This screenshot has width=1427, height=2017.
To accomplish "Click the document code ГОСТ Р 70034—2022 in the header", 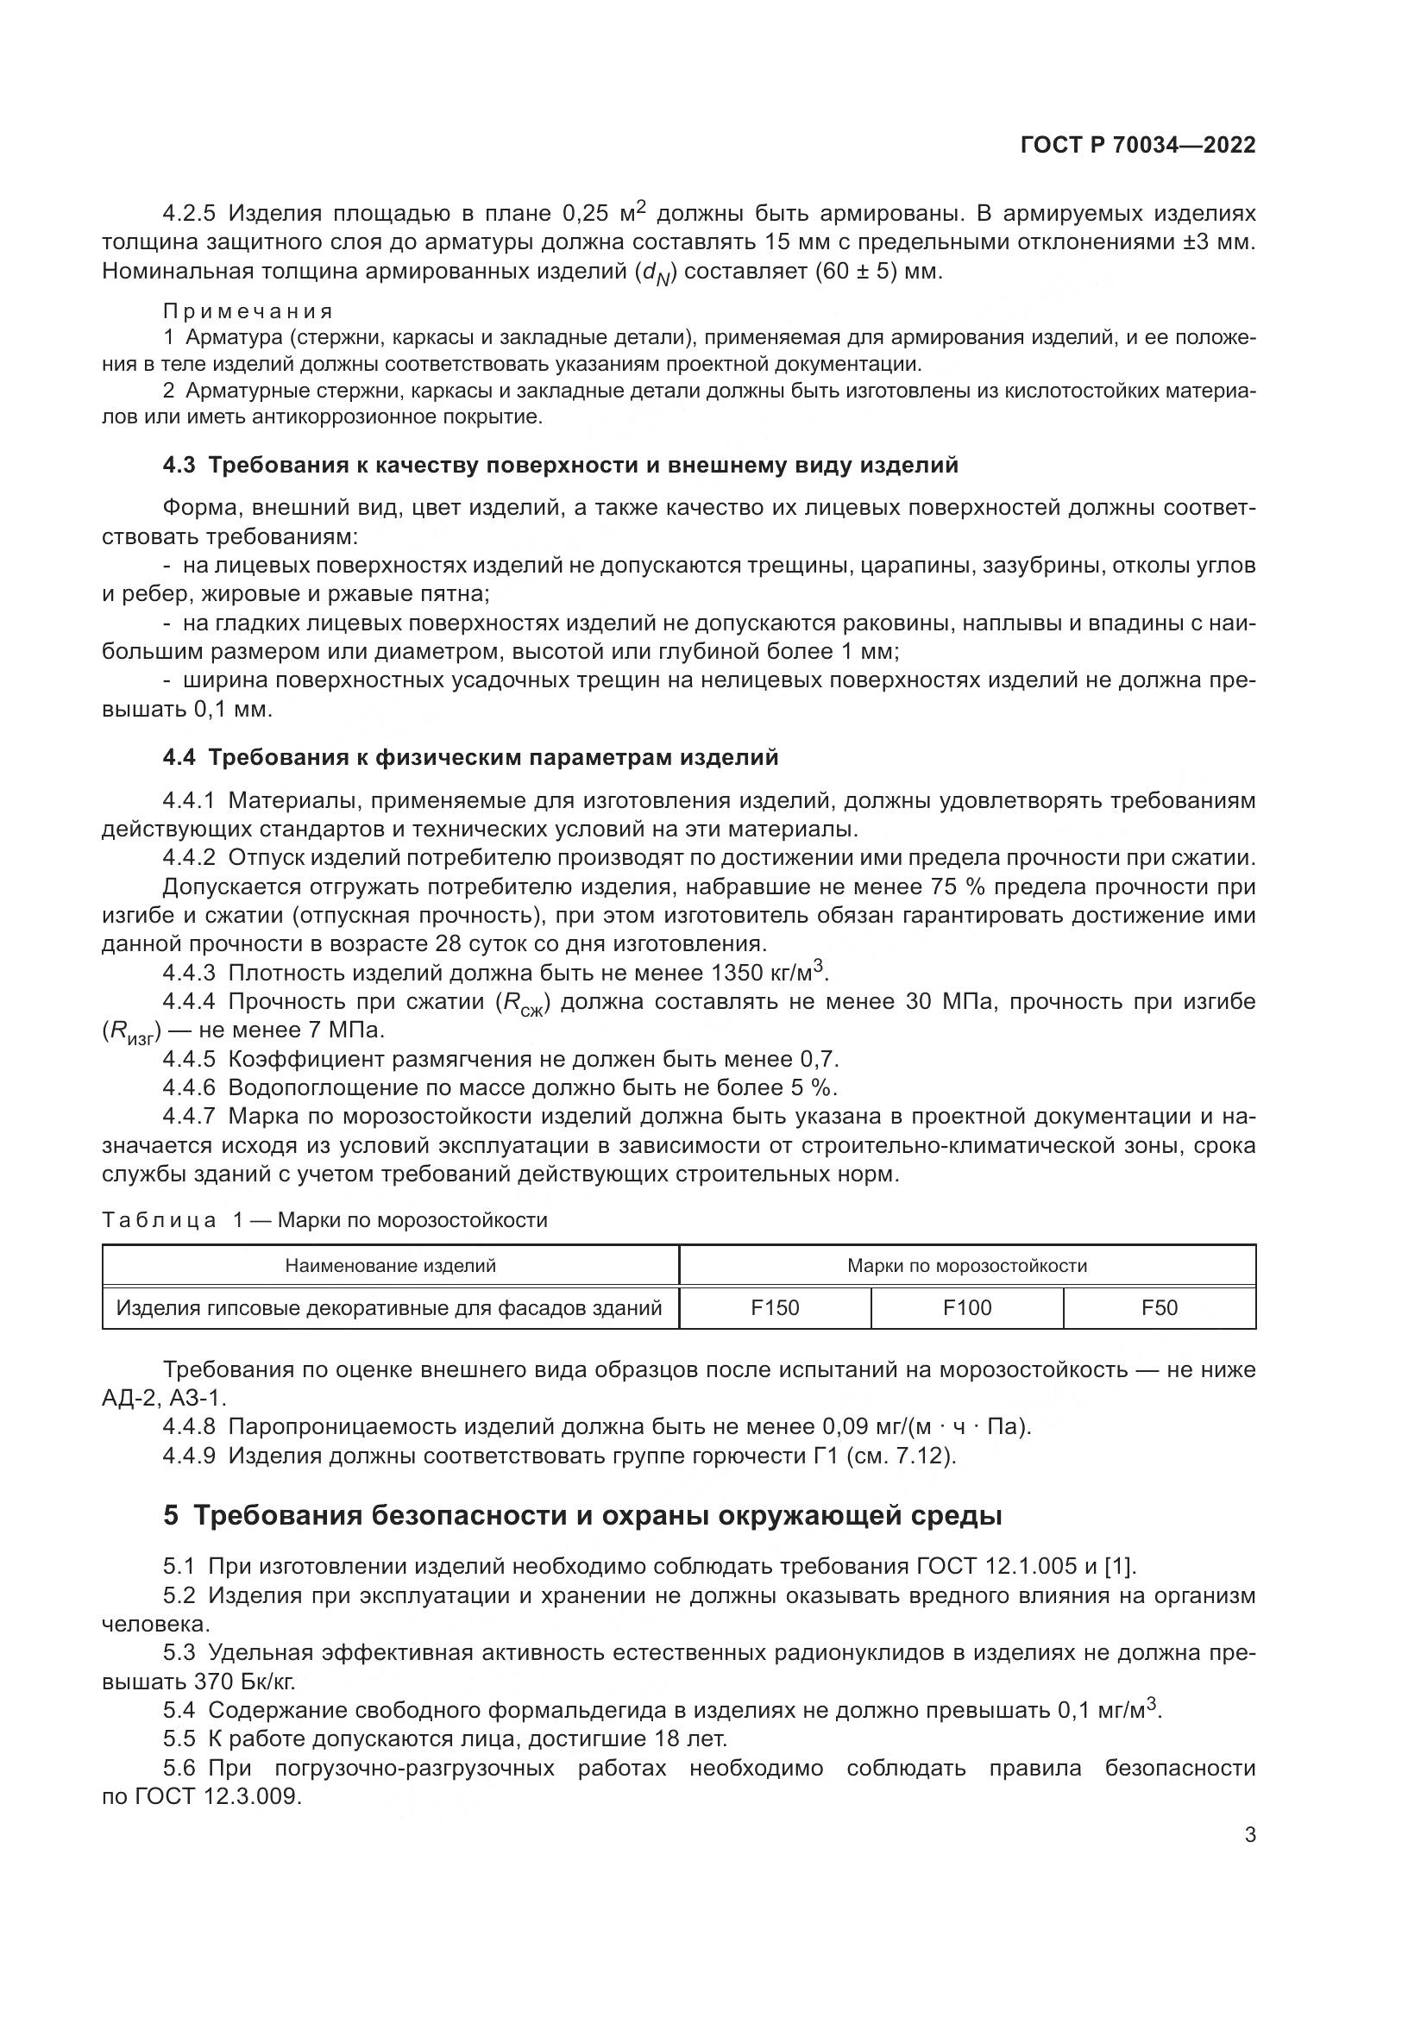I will click(x=1138, y=145).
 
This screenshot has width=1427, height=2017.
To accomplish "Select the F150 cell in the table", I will click(x=774, y=1307).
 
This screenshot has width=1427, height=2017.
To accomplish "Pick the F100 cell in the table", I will click(x=966, y=1307).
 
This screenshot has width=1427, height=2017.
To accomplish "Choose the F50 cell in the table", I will click(x=1159, y=1307).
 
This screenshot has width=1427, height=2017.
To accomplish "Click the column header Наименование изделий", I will click(x=390, y=1265).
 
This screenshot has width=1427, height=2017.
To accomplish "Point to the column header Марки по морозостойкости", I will click(x=966, y=1265).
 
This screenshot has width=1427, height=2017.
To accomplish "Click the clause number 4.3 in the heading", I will click(x=179, y=466).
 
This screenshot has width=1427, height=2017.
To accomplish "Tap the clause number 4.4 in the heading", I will click(x=179, y=756).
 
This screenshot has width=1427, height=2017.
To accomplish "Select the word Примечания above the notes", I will click(x=247, y=311).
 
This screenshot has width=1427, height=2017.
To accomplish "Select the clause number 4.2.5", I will click(x=189, y=214).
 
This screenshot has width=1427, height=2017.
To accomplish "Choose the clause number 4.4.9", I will click(x=189, y=1456).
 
